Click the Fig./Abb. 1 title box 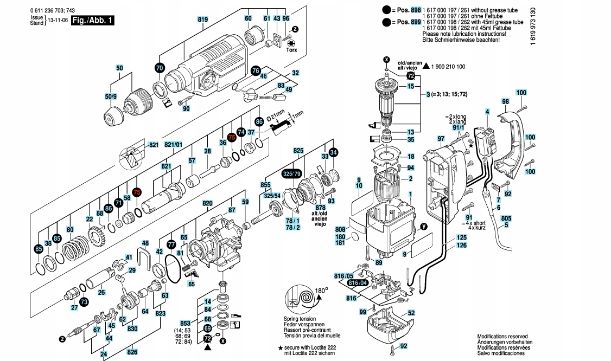click(x=93, y=20)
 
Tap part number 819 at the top click(x=203, y=20)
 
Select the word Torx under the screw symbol click(x=291, y=50)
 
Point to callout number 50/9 click(x=111, y=96)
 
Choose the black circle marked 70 click(x=159, y=68)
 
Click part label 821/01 click(x=174, y=145)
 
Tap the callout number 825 click(x=298, y=150)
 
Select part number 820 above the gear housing click(x=207, y=203)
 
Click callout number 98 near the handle click(x=505, y=102)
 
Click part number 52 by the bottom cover click(x=411, y=313)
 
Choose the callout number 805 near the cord click(x=506, y=218)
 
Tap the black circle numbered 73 click(x=84, y=301)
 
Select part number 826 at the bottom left click(x=132, y=351)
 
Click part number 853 click(x=186, y=323)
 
